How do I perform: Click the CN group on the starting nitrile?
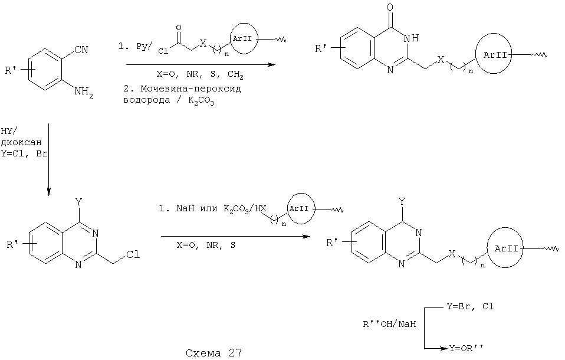click(81, 50)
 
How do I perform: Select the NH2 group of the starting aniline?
click(84, 92)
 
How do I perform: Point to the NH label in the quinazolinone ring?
click(412, 38)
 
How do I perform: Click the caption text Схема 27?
click(214, 352)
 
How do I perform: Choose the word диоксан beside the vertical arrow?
click(21, 142)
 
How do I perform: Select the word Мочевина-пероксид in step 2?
click(191, 89)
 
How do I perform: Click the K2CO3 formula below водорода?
click(201, 101)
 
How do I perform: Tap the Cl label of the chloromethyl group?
click(133, 254)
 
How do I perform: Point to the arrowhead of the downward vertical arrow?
click(48, 191)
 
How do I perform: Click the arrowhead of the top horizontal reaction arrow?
click(271, 65)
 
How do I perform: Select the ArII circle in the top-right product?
click(493, 55)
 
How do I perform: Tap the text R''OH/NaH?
click(389, 324)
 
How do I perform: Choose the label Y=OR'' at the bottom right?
click(465, 348)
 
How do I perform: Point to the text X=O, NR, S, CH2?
click(200, 75)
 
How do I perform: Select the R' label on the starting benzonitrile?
click(11, 70)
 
